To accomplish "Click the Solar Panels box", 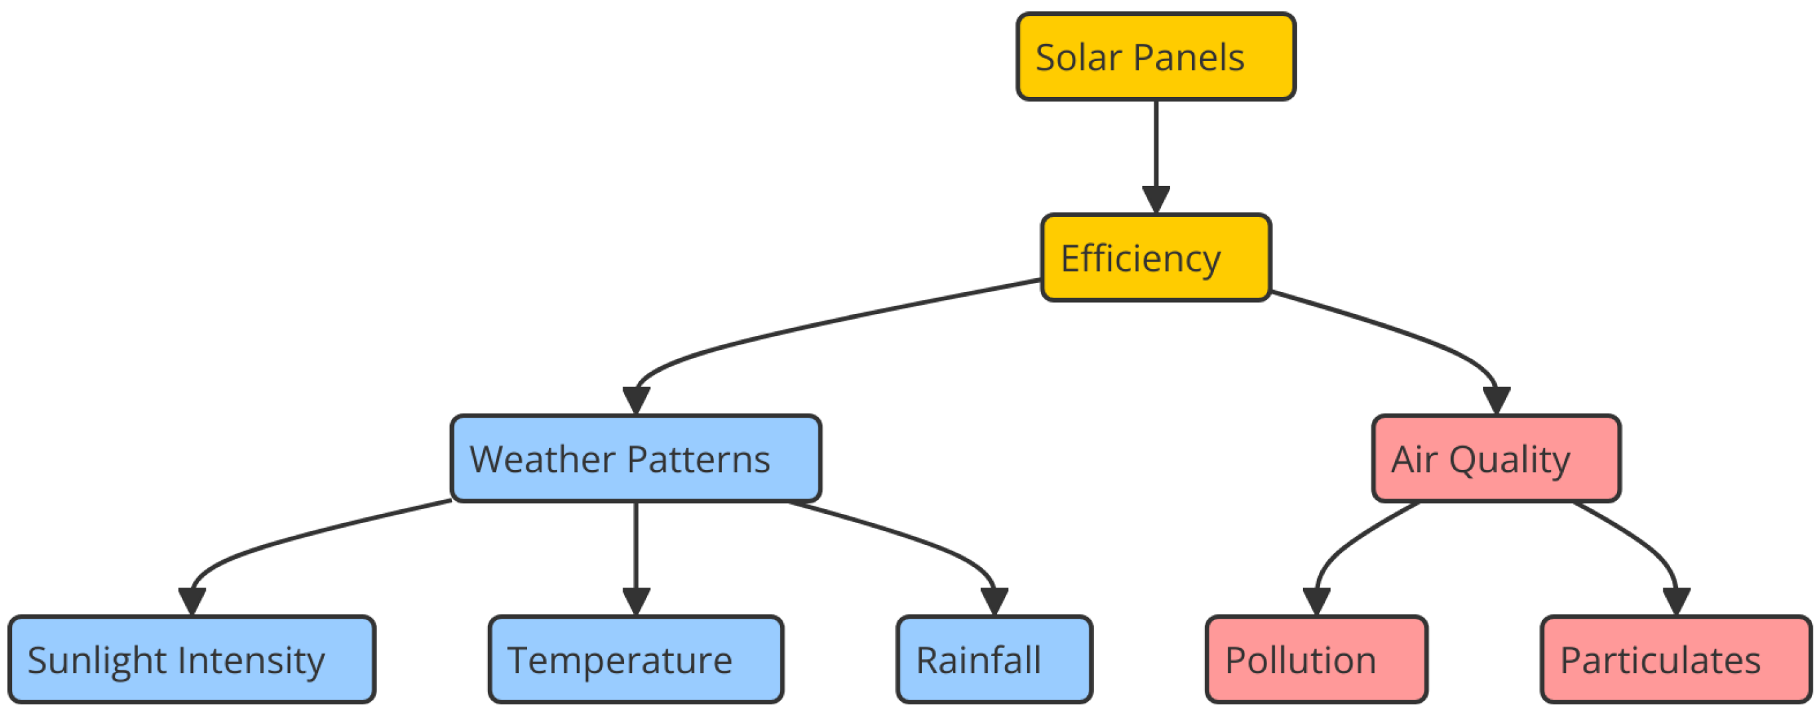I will (x=1155, y=56).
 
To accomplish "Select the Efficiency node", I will (x=1155, y=257).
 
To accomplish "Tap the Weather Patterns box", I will (x=635, y=459).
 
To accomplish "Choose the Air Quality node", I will (x=1495, y=459).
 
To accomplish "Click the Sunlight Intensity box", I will (x=191, y=659).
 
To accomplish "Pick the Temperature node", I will (x=635, y=659).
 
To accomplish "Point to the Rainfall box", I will (x=994, y=659).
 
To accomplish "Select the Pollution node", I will (x=1316, y=659).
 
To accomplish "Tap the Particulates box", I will (x=1676, y=659).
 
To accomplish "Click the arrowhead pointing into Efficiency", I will (x=1156, y=198).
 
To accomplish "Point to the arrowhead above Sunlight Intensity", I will (x=191, y=601).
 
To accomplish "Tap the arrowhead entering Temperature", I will (x=636, y=601).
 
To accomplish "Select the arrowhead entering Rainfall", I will (x=994, y=601).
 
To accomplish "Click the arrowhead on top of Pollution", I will (x=1316, y=601).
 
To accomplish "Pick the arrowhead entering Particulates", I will (x=1676, y=601).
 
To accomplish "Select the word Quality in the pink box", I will (x=1509, y=461).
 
